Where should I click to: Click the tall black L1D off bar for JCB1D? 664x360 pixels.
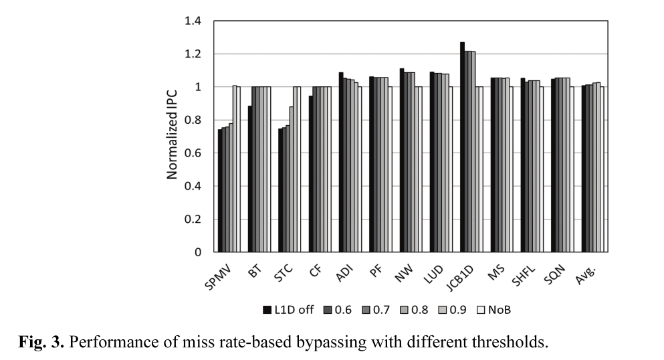pos(462,147)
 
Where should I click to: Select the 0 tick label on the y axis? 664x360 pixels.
pos(198,252)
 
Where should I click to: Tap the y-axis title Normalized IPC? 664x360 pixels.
pos(172,137)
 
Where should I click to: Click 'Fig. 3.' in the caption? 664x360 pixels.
pos(39,343)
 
